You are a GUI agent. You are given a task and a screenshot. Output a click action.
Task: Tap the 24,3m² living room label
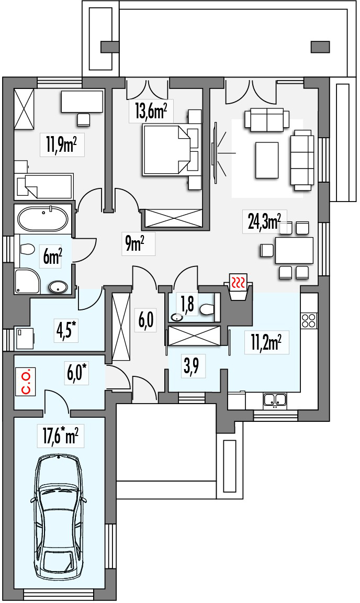[x=265, y=221]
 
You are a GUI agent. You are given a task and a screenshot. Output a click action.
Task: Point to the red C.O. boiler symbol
[x=27, y=382]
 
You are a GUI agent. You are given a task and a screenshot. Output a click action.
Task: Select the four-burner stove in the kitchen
[x=309, y=320]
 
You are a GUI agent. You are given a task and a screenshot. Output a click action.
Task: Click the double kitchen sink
[x=275, y=400]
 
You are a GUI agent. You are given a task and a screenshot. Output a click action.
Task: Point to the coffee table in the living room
[x=266, y=160]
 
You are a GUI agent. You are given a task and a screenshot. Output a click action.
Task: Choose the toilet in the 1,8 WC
[x=207, y=309]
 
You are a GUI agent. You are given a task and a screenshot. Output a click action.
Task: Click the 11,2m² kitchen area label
[x=267, y=342]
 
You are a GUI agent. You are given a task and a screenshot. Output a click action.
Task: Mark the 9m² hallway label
[x=134, y=243]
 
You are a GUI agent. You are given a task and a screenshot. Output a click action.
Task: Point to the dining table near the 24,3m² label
[x=294, y=250]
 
